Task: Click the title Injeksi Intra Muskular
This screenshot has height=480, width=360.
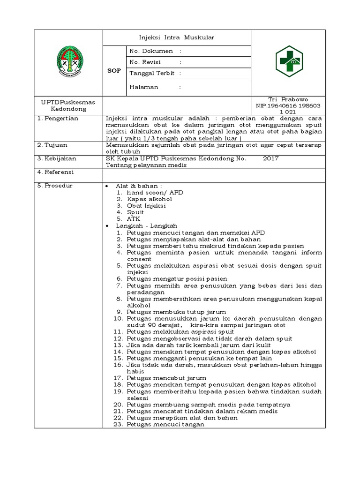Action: [x=177, y=37]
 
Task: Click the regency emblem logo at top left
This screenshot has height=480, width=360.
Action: [x=68, y=61]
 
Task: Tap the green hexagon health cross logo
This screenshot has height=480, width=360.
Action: [x=288, y=61]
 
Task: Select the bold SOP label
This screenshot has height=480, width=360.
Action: [x=114, y=71]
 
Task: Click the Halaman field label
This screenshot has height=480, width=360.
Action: [x=144, y=87]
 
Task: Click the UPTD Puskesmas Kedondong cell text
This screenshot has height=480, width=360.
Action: [x=68, y=105]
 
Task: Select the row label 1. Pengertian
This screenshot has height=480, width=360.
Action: [x=58, y=119]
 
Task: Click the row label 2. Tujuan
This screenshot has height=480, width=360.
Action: [x=53, y=145]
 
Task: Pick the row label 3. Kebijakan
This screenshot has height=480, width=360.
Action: [x=57, y=158]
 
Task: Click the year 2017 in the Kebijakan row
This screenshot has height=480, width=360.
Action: [x=270, y=158]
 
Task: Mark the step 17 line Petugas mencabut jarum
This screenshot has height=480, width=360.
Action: [x=166, y=378]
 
